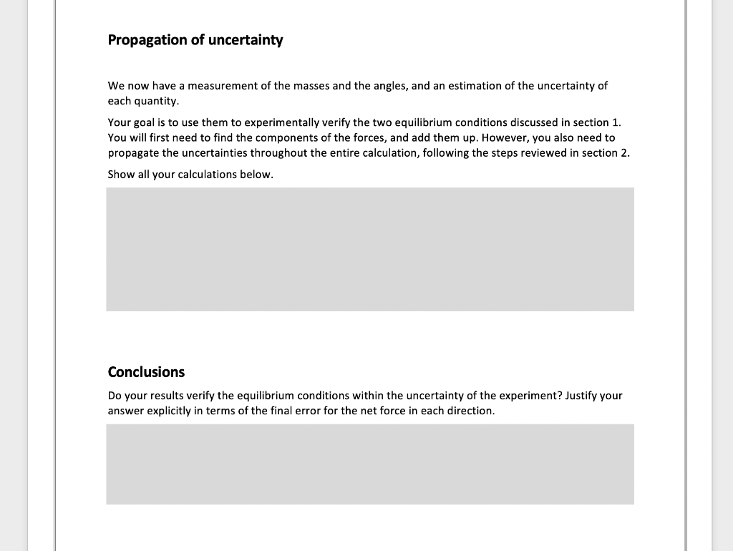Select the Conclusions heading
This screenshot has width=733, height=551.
(146, 372)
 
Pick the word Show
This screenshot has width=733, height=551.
(120, 175)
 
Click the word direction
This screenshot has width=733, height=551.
(471, 411)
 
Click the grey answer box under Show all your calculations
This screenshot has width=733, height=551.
(370, 249)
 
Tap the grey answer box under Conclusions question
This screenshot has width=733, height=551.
(370, 464)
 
